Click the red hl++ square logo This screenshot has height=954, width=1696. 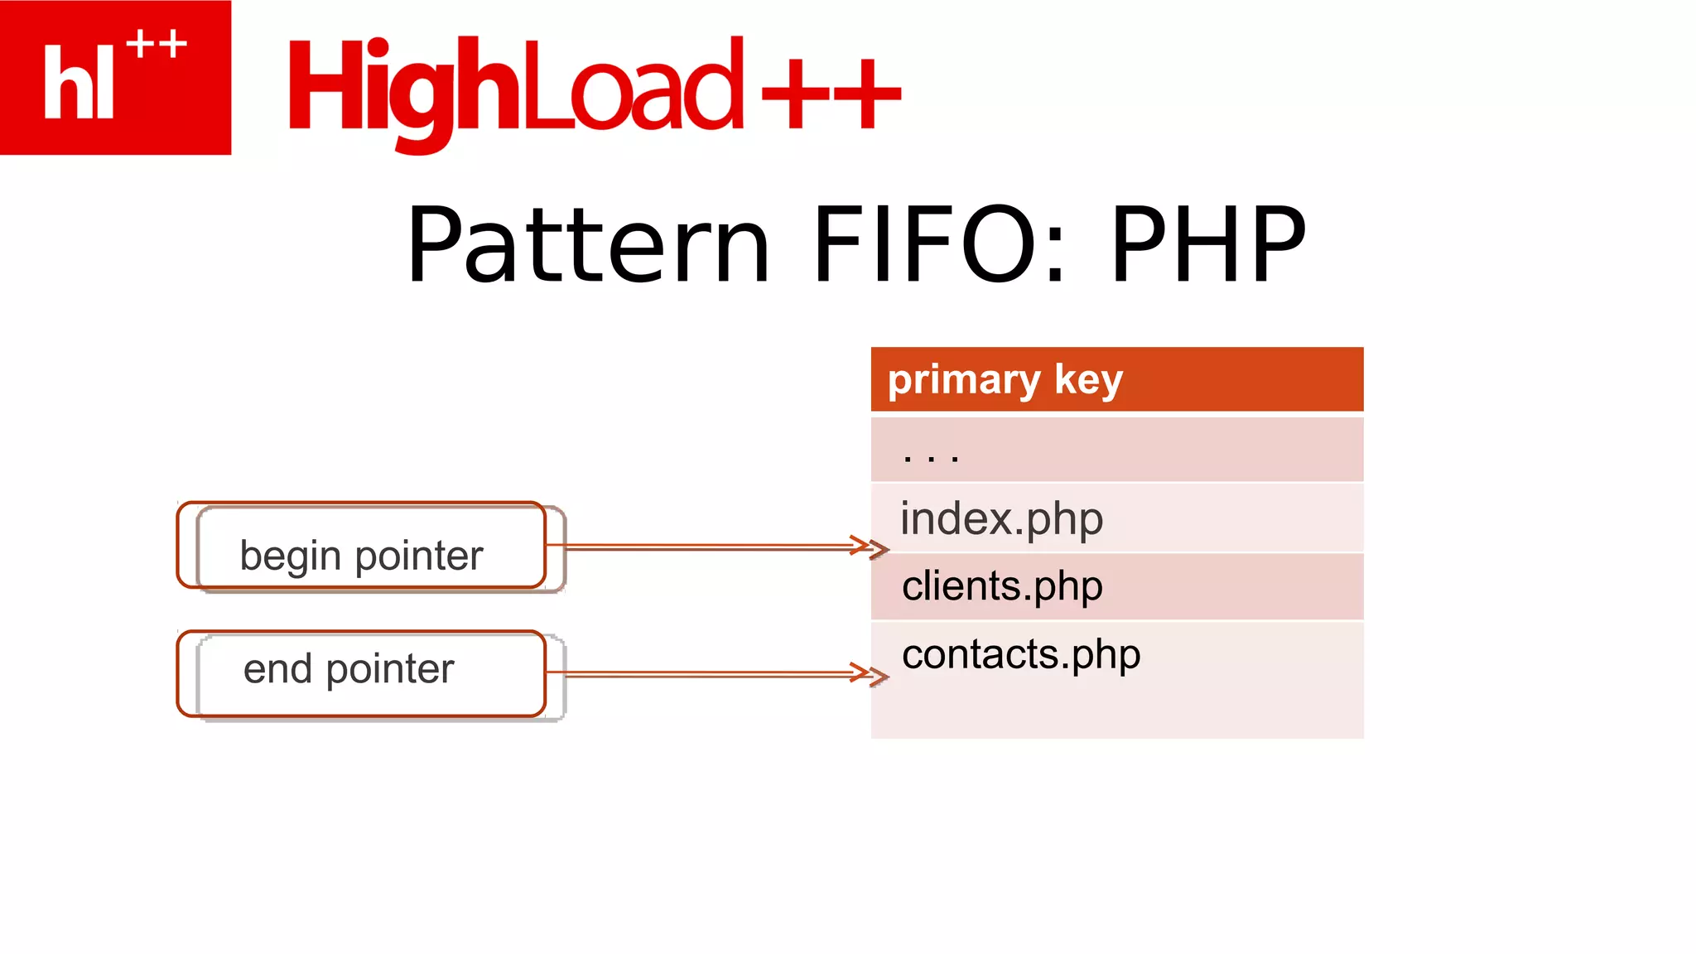click(115, 77)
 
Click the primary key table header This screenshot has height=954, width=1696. click(1116, 380)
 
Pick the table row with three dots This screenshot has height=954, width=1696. click(1116, 450)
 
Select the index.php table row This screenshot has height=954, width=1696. click(1116, 518)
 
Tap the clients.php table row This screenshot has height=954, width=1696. click(1116, 586)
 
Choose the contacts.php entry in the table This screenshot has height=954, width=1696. click(1021, 654)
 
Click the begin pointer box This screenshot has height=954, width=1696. click(362, 547)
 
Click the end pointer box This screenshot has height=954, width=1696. click(362, 674)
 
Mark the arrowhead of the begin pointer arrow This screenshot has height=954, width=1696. click(874, 547)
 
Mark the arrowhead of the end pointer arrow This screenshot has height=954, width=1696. click(874, 675)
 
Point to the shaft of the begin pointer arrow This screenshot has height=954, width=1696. click(704, 547)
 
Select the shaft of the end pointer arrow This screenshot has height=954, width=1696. click(704, 675)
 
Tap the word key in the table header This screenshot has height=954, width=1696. click(1088, 381)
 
